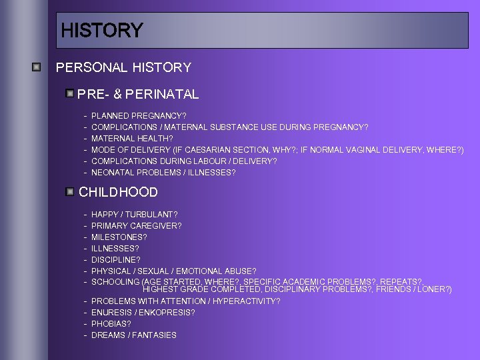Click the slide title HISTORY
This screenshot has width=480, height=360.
coord(101,31)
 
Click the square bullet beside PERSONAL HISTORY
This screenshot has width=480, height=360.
coord(38,67)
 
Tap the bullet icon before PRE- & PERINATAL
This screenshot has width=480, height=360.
coord(70,93)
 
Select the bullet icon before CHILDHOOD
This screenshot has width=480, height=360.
coord(70,191)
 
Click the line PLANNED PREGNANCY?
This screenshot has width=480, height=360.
coord(139,116)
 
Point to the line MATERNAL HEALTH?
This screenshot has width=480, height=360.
coord(132,139)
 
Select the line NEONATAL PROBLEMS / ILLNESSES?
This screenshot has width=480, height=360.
coord(163,173)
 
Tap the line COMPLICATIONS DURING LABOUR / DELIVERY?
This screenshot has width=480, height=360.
coord(184,161)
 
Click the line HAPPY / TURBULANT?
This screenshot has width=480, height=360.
coord(134,215)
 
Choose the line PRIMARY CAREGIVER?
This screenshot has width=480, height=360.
coord(136,226)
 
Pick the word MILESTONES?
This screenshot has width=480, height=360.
coord(119,237)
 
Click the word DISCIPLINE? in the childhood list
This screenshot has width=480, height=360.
coord(116,260)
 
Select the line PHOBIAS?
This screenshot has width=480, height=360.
coord(110,324)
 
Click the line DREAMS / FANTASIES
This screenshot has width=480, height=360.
coord(133,335)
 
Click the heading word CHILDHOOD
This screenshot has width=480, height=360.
coord(118,192)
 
